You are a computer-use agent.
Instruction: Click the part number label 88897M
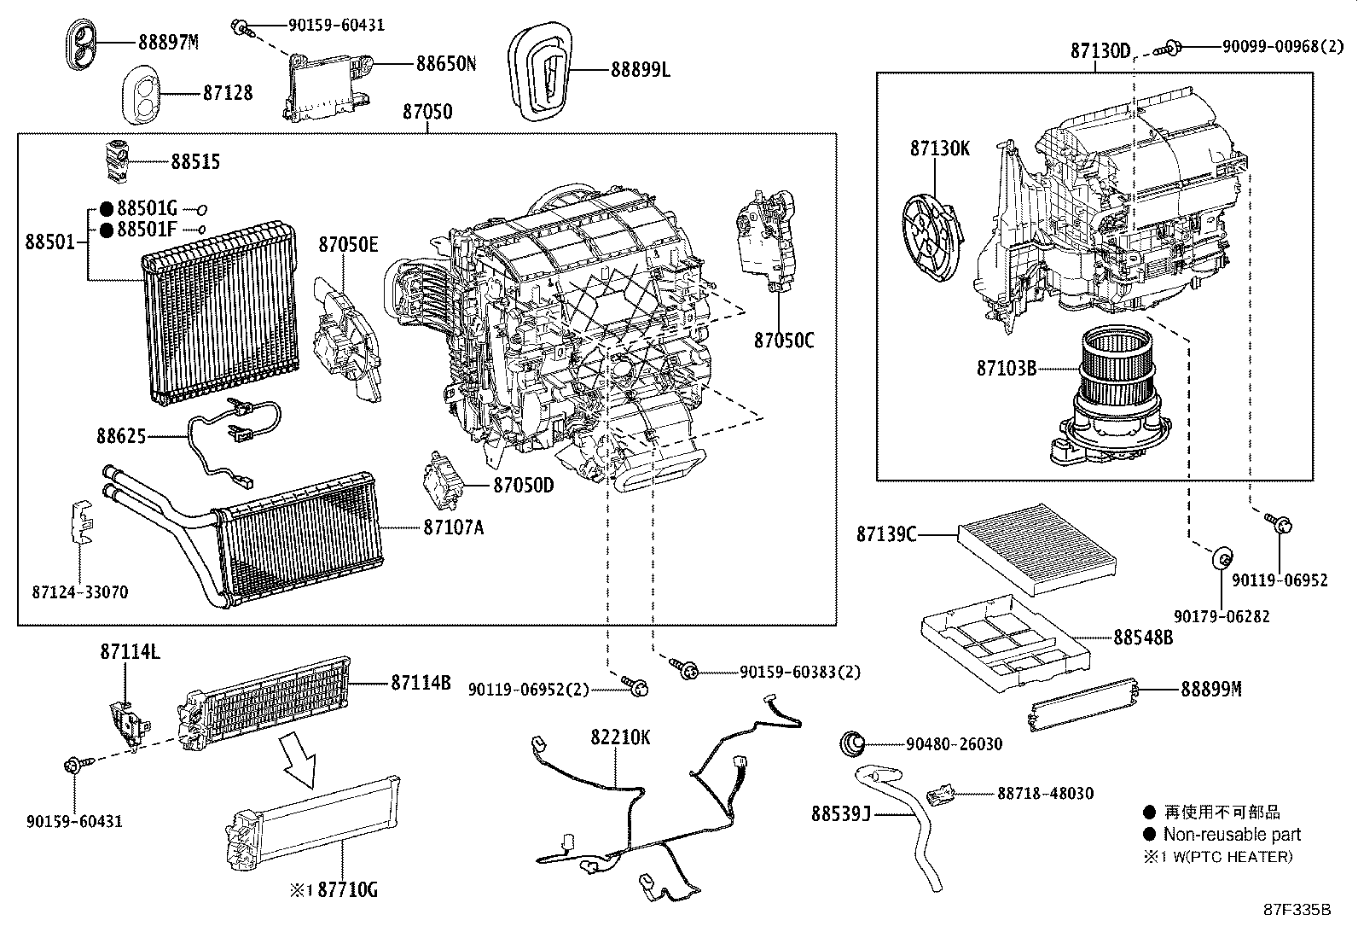168,41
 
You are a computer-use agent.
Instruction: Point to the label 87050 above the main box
427,112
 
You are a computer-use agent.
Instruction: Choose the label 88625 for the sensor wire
121,436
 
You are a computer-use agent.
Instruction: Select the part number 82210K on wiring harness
621,737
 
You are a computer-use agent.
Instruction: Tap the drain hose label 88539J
840,813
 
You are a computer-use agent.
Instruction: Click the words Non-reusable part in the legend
1232,835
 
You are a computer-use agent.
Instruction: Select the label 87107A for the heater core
453,527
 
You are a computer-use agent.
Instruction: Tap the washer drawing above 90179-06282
1222,559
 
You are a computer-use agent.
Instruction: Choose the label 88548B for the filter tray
1143,637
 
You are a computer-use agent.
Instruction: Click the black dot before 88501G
107,208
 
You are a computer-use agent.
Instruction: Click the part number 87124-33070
80,592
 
